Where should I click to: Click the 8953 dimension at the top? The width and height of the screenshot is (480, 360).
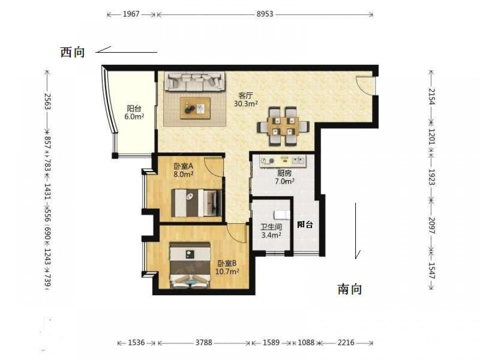[x=265, y=14]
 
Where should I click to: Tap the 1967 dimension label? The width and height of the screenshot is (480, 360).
[x=131, y=14]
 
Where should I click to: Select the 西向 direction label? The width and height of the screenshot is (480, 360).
[x=72, y=52]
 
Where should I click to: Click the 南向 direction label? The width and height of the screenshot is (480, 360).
[x=350, y=289]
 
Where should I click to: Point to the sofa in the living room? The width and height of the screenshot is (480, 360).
[x=195, y=82]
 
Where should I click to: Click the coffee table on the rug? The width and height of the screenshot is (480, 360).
[x=195, y=108]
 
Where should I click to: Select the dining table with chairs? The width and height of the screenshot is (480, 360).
[x=283, y=126]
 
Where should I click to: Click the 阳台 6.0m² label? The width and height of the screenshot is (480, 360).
[x=134, y=112]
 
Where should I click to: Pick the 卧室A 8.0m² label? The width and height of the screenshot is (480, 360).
[x=184, y=170]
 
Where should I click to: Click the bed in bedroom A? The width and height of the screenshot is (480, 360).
[x=196, y=203]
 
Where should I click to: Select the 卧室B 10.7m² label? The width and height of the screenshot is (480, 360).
[x=227, y=267]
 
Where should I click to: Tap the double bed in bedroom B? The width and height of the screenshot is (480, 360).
[x=190, y=265]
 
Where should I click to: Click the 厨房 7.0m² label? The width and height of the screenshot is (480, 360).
[x=284, y=177]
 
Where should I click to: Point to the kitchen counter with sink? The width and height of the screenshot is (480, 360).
[x=283, y=161]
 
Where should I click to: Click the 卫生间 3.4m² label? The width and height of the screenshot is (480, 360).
[x=271, y=231]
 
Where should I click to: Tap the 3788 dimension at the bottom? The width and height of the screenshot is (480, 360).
[x=204, y=343]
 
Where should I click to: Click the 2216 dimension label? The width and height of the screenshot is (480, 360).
[x=346, y=343]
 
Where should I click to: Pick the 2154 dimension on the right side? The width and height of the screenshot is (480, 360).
[x=432, y=96]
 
